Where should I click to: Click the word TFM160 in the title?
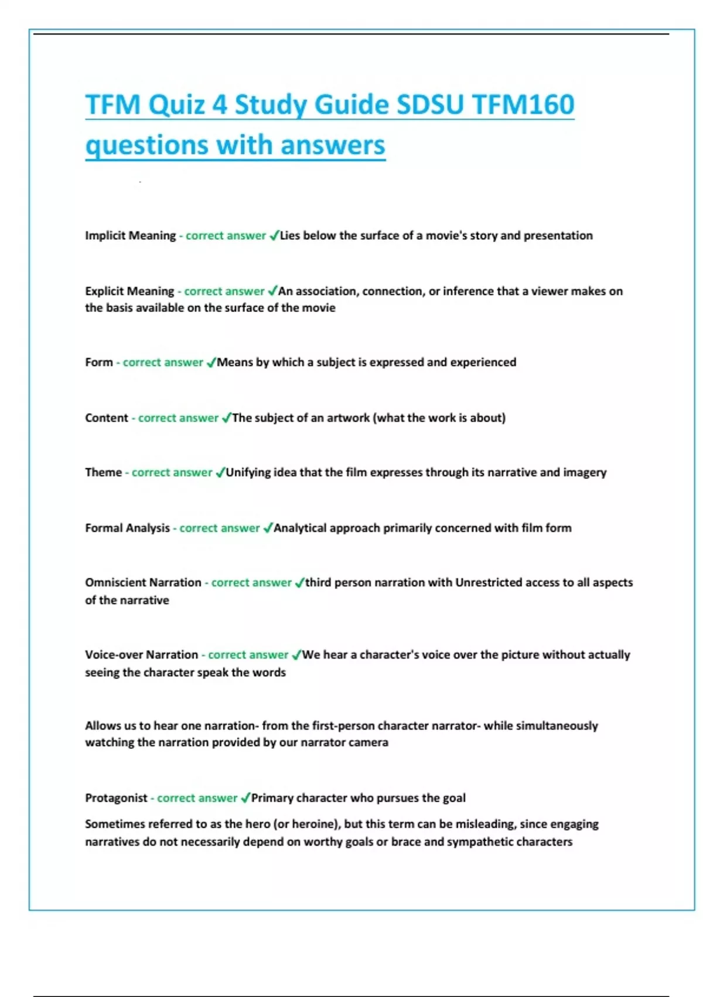(523, 105)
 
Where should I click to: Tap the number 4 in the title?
(219, 105)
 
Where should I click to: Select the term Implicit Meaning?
(130, 236)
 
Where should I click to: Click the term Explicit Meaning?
(129, 291)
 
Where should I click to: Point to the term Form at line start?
(98, 362)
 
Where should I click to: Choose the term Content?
(106, 418)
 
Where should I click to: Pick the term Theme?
(103, 473)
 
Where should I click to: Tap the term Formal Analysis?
(127, 528)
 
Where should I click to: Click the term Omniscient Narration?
(143, 583)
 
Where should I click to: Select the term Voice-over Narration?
(141, 655)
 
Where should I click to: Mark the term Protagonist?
(116, 798)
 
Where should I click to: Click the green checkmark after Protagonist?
(245, 798)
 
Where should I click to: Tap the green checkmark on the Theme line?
(220, 473)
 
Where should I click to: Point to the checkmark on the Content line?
(226, 418)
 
